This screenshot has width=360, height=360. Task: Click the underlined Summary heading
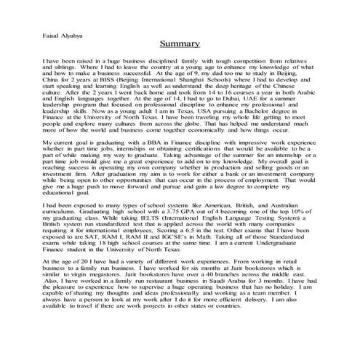[x=180, y=44]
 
